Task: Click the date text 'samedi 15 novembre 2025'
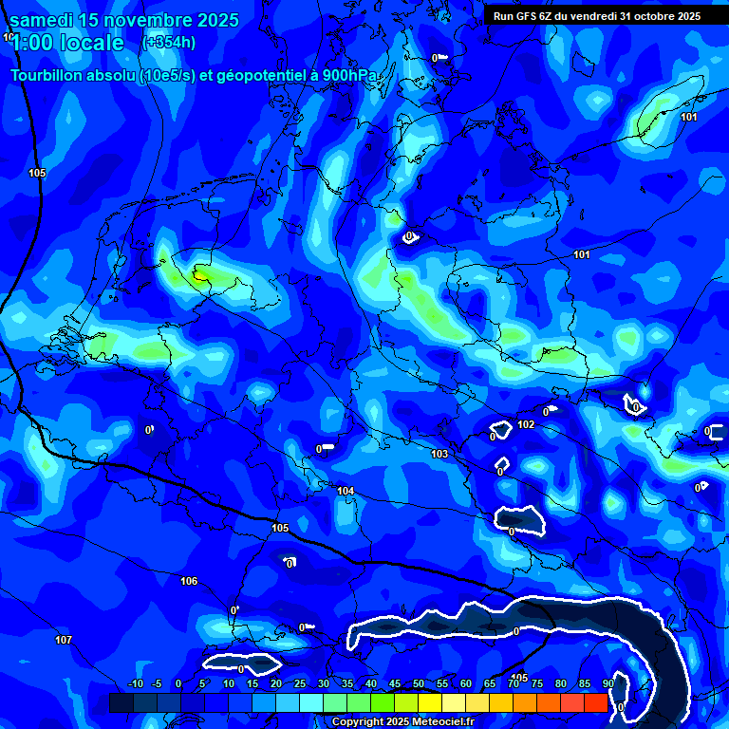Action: (124, 20)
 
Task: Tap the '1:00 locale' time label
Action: (66, 43)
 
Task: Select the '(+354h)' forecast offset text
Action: (169, 43)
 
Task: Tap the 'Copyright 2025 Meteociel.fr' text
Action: (402, 721)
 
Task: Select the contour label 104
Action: (346, 491)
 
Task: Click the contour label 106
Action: (189, 581)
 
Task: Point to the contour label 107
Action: (64, 641)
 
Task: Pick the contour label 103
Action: (439, 455)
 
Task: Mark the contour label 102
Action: (526, 424)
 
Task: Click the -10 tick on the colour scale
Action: (135, 684)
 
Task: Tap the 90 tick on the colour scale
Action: (607, 684)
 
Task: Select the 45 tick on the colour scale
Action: (395, 684)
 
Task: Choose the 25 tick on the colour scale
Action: (300, 684)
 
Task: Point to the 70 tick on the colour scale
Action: (514, 684)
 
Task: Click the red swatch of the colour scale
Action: (595, 702)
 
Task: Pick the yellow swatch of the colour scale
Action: (430, 702)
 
